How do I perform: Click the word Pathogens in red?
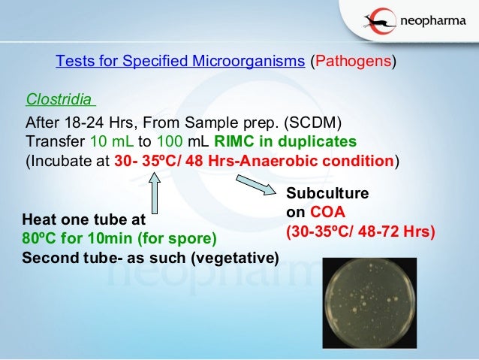[352, 62]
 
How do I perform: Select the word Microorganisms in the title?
[242, 62]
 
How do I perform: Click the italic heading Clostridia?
[59, 99]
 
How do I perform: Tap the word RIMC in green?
[233, 142]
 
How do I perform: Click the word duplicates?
[319, 142]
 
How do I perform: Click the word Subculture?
[327, 193]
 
